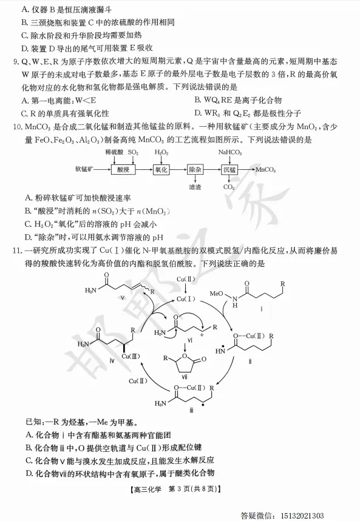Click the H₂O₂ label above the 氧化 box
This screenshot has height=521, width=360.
point(161,152)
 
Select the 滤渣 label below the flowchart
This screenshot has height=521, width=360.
point(195,187)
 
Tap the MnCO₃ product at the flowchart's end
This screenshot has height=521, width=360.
point(265,170)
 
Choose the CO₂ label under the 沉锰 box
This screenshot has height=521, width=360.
point(229,187)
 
